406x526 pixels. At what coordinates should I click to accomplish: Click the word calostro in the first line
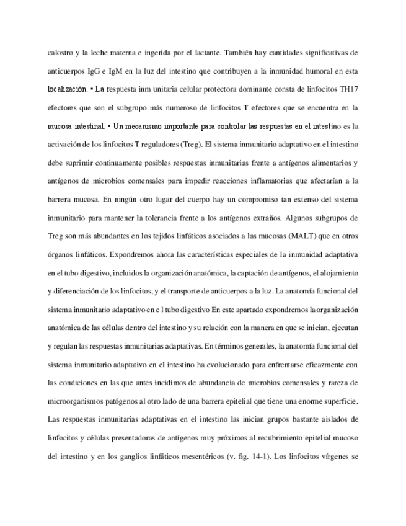pos(61,53)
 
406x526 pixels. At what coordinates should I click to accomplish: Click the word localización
pos(68,89)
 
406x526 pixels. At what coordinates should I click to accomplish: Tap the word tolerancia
pos(182,218)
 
